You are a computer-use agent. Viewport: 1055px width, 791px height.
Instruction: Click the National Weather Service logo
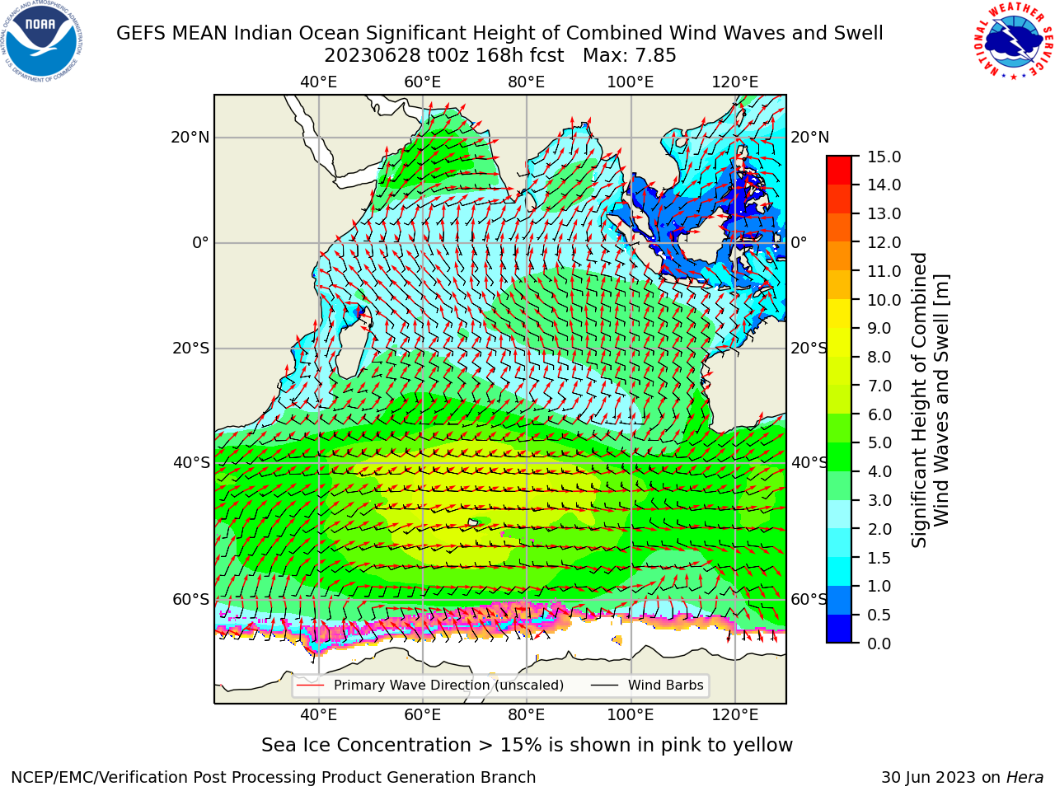click(x=1013, y=41)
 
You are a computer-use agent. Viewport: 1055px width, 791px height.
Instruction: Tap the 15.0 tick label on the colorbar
click(x=884, y=157)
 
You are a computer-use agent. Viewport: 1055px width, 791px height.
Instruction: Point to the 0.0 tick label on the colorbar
click(x=879, y=644)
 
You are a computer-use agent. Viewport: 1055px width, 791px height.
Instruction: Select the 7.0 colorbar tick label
click(x=879, y=386)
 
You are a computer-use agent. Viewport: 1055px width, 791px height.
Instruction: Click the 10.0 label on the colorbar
click(x=884, y=300)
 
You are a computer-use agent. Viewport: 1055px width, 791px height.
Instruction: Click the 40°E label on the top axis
click(x=319, y=82)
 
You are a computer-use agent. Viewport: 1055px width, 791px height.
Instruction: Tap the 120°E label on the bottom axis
click(x=735, y=715)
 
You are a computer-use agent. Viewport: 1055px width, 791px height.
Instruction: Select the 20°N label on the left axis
click(x=190, y=138)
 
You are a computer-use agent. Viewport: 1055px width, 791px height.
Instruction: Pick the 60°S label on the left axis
click(x=191, y=599)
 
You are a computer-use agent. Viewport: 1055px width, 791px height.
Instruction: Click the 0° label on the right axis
click(x=799, y=242)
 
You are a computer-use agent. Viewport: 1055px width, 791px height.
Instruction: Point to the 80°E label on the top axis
click(x=527, y=82)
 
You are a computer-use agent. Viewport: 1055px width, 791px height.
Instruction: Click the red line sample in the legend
click(x=311, y=686)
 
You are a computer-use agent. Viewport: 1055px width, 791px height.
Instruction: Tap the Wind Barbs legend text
click(x=666, y=686)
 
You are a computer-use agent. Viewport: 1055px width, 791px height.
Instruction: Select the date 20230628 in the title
click(x=373, y=56)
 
